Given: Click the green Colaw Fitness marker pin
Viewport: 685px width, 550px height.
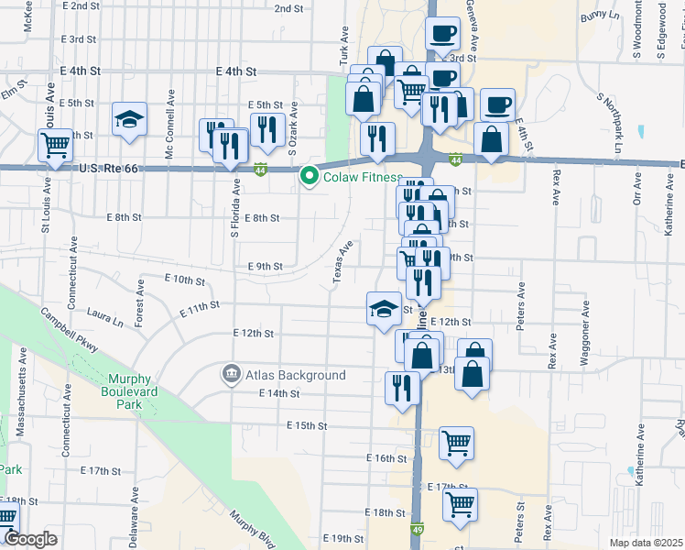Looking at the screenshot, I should point(310,177).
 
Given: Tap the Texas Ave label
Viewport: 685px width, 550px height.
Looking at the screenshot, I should point(342,261).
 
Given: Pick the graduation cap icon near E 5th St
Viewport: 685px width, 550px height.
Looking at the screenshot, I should point(130,119).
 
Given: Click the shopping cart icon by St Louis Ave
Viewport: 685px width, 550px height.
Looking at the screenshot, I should point(56,145).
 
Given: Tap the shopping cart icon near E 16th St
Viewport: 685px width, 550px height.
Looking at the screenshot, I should point(456,444).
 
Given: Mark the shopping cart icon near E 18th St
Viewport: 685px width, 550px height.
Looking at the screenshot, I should point(460,503).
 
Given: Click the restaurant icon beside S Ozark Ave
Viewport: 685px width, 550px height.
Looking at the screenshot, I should point(266,129).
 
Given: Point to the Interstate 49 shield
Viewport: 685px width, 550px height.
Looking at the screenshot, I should point(418,529).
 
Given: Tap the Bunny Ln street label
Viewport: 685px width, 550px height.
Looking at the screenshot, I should point(600,16).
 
